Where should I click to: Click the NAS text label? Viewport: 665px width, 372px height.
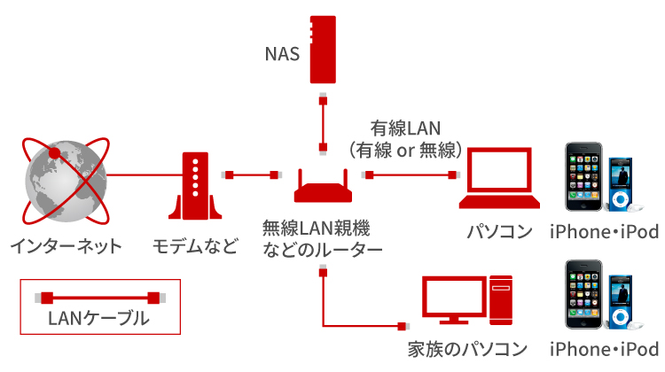pos(282,53)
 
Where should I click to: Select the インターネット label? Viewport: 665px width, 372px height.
pos(63,244)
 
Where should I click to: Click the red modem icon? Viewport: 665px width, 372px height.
pos(192,186)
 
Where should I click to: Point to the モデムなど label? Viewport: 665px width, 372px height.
pos(195,244)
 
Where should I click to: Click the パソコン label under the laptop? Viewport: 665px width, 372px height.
pos(500,232)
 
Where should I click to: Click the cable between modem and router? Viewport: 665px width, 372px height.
pos(253,174)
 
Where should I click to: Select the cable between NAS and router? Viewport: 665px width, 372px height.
pos(325,120)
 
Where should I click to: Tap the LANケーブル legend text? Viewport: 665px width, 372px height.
pos(98,317)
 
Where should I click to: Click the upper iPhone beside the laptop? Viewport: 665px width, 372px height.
pos(585,177)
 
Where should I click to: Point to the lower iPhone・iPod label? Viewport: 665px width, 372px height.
pos(604,349)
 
